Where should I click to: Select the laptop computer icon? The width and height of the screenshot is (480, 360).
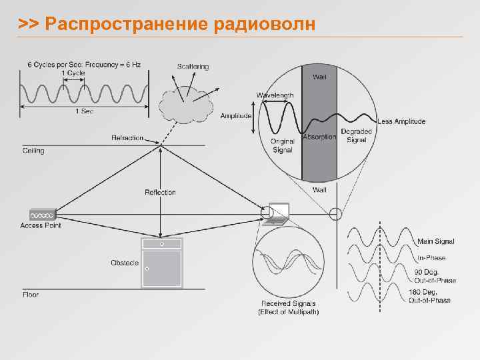tap(276, 212)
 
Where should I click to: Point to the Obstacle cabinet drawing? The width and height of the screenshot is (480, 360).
tap(162, 263)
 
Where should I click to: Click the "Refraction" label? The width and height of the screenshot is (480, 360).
tap(127, 138)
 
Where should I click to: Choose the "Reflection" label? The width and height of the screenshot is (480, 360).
tap(160, 193)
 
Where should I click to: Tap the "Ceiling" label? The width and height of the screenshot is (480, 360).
tap(33, 151)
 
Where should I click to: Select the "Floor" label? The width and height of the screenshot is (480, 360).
tap(31, 294)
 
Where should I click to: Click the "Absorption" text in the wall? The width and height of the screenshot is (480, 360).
tap(319, 137)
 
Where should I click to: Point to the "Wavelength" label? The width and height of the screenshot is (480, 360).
tap(275, 95)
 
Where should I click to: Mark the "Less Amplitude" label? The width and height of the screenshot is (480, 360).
tap(401, 121)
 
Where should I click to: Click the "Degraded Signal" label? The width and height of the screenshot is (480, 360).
tap(356, 135)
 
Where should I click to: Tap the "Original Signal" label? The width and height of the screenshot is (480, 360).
tap(282, 145)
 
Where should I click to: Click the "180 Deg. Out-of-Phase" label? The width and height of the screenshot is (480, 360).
tap(429, 296)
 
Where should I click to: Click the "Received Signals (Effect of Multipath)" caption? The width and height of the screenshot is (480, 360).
tap(288, 308)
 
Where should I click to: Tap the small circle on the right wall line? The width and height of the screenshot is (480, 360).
tap(335, 214)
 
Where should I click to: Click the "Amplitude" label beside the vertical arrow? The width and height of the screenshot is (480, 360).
tap(236, 116)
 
